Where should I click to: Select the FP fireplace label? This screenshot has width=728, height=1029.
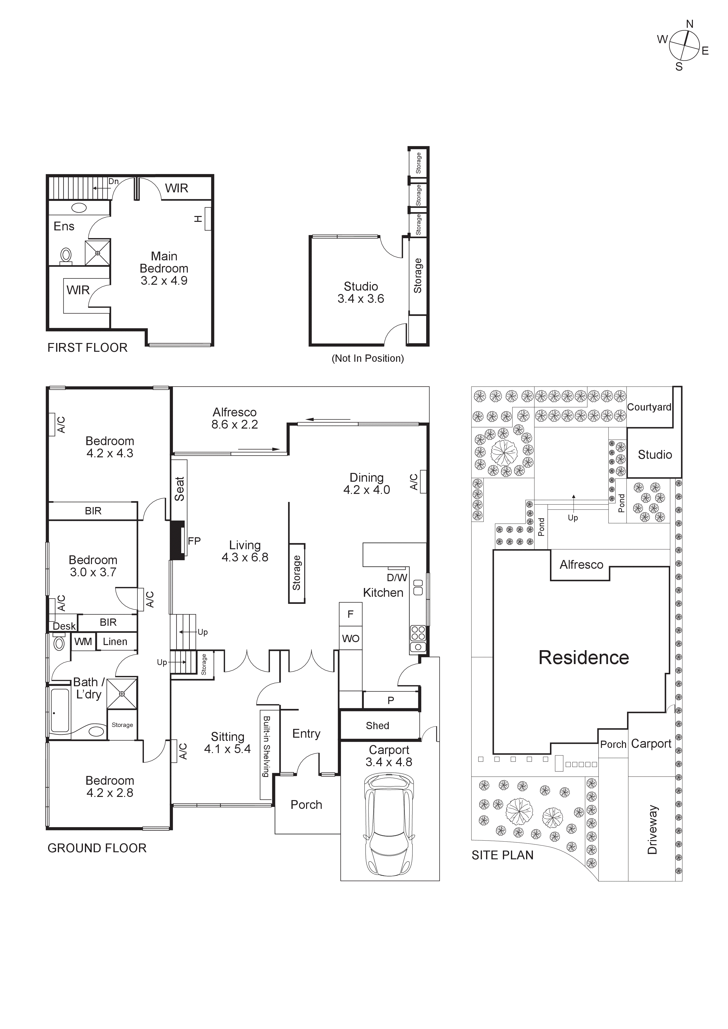tap(194, 541)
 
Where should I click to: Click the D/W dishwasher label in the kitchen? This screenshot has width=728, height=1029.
tap(397, 578)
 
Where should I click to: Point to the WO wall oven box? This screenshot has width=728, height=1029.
tap(350, 639)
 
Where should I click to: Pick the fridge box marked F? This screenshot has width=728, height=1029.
tap(350, 614)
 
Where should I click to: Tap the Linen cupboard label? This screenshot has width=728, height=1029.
tap(115, 642)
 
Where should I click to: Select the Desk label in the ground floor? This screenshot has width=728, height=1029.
tap(64, 626)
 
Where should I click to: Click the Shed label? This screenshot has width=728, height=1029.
tap(378, 725)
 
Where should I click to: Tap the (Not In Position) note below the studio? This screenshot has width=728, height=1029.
tap(368, 359)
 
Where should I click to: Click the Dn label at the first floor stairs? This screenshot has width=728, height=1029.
tap(113, 182)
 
